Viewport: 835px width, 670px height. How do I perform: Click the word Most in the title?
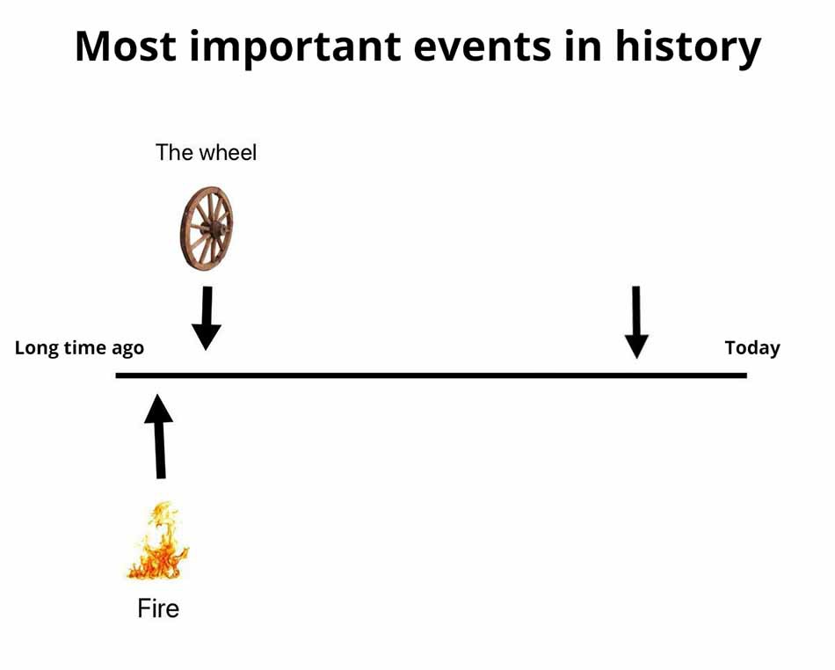pos(126,46)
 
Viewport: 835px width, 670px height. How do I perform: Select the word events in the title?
pos(483,47)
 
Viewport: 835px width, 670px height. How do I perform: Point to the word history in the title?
pos(688,48)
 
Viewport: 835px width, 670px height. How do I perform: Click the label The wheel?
pos(206,153)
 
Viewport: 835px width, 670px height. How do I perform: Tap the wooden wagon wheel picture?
pos(207,229)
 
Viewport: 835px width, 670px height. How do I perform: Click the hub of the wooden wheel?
pos(215,229)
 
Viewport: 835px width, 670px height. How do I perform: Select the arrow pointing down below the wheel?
pos(207,318)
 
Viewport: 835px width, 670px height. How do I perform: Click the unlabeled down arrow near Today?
pos(636,322)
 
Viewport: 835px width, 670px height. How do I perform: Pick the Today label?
pos(752,348)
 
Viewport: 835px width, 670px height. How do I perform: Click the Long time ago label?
pos(79,348)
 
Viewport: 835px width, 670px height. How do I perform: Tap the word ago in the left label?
pos(127,350)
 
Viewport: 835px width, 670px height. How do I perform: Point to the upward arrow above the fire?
pos(159,436)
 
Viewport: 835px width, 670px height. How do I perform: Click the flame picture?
pos(158,540)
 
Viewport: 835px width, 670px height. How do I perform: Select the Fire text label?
pos(158,608)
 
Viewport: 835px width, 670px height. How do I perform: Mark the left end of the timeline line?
pos(117,375)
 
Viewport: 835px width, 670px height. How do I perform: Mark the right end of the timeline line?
pos(746,375)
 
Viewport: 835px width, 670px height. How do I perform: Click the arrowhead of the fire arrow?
pos(158,408)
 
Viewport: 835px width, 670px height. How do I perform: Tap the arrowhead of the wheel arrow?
pos(207,337)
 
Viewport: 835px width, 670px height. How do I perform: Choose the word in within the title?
pos(584,46)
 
